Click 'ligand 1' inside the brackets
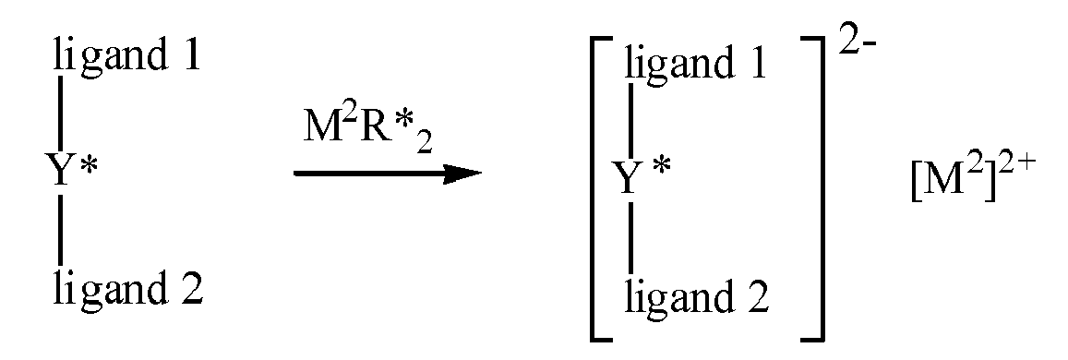[695, 66]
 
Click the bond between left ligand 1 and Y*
[60, 111]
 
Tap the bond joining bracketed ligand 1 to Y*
[631, 120]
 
